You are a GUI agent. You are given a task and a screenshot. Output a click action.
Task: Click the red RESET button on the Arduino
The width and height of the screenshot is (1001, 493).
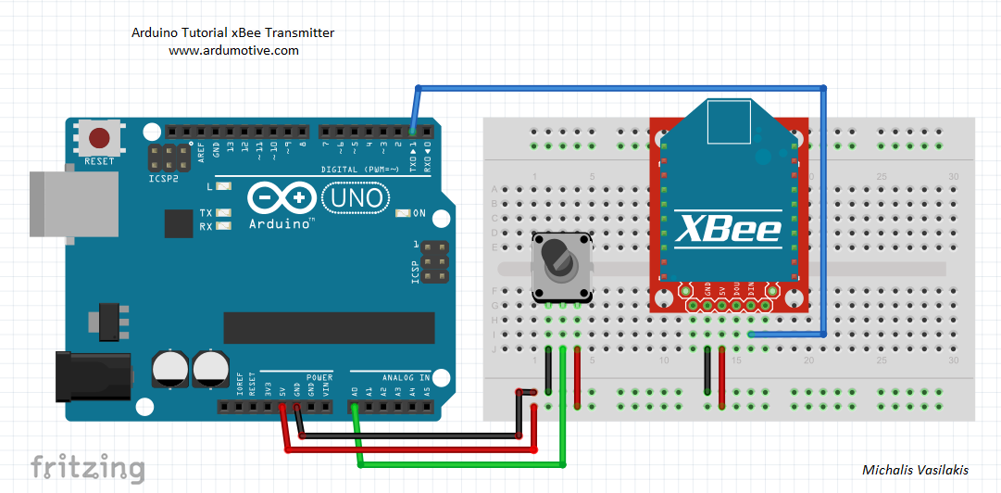coord(99,139)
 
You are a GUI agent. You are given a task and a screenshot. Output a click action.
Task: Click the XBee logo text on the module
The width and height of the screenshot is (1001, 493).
coord(727,229)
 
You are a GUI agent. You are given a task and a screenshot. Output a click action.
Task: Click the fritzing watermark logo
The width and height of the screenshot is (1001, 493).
coord(87,467)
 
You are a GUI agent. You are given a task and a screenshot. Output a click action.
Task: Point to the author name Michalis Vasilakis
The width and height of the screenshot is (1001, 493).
coord(915,470)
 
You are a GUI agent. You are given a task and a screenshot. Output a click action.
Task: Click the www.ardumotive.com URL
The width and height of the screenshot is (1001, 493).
coord(233,51)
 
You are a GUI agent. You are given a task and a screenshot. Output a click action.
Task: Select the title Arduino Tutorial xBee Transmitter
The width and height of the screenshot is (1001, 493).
coord(233,32)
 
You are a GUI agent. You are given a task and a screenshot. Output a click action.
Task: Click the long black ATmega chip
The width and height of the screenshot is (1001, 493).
coord(329,327)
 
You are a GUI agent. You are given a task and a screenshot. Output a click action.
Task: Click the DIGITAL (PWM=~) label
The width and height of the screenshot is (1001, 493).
coord(358,170)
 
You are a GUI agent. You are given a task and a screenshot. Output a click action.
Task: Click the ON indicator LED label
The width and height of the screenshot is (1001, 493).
coord(419,213)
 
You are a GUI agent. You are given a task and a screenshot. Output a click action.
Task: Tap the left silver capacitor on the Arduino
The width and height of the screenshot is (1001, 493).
coord(168,368)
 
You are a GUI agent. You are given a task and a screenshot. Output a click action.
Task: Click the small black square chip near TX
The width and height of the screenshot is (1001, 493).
coord(178,223)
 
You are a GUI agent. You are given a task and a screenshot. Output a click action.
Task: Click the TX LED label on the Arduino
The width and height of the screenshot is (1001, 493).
coord(206,213)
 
